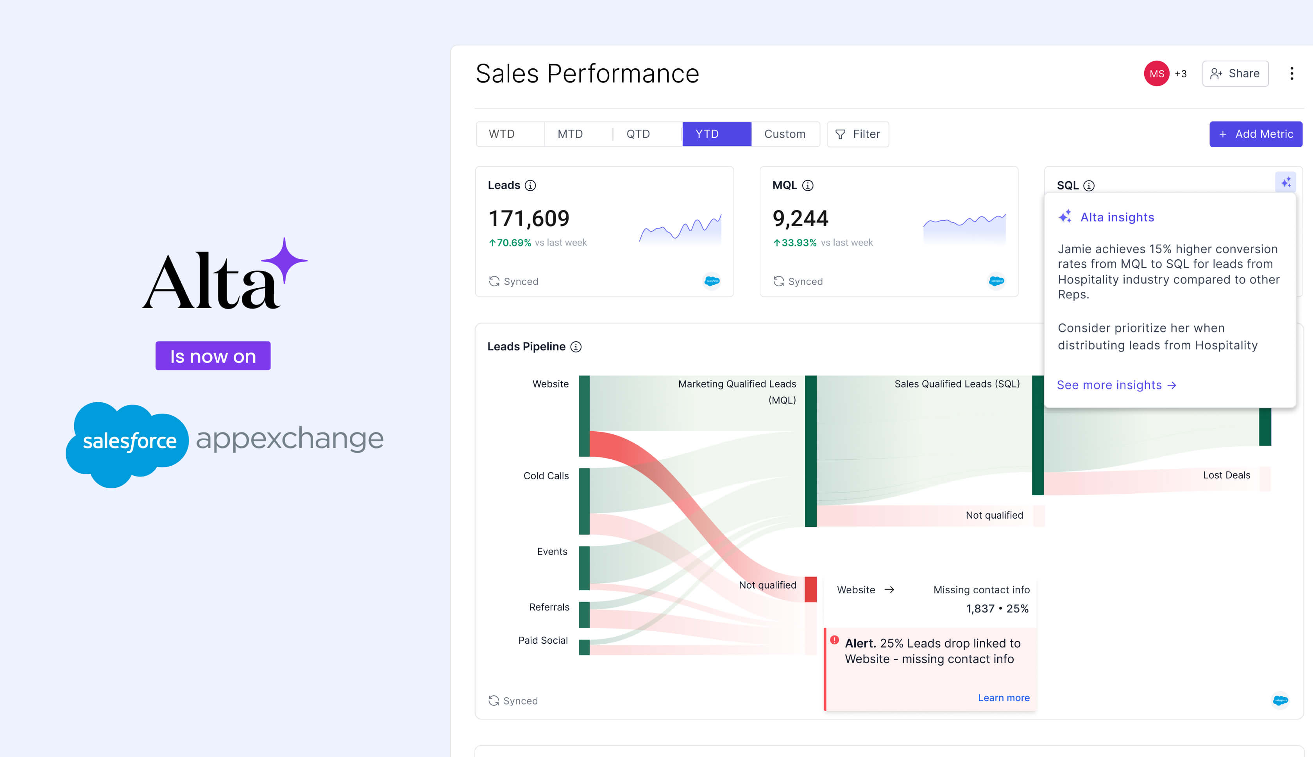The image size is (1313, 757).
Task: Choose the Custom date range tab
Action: pyautogui.click(x=784, y=134)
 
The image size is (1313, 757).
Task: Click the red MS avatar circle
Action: pyautogui.click(x=1156, y=74)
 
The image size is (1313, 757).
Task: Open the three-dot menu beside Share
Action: pyautogui.click(x=1291, y=74)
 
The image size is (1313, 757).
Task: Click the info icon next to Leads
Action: pyautogui.click(x=530, y=186)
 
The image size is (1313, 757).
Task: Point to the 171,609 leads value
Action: pyautogui.click(x=528, y=218)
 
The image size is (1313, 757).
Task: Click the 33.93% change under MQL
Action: pyautogui.click(x=798, y=243)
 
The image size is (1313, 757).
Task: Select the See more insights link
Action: pyautogui.click(x=1116, y=385)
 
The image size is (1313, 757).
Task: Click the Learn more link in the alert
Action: pyautogui.click(x=1003, y=698)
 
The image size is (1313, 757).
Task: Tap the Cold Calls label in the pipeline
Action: pyautogui.click(x=546, y=476)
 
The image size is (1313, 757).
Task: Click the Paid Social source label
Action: pyautogui.click(x=542, y=641)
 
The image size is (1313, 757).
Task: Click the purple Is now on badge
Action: pyautogui.click(x=213, y=356)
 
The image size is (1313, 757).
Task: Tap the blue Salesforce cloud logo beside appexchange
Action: pyautogui.click(x=127, y=442)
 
